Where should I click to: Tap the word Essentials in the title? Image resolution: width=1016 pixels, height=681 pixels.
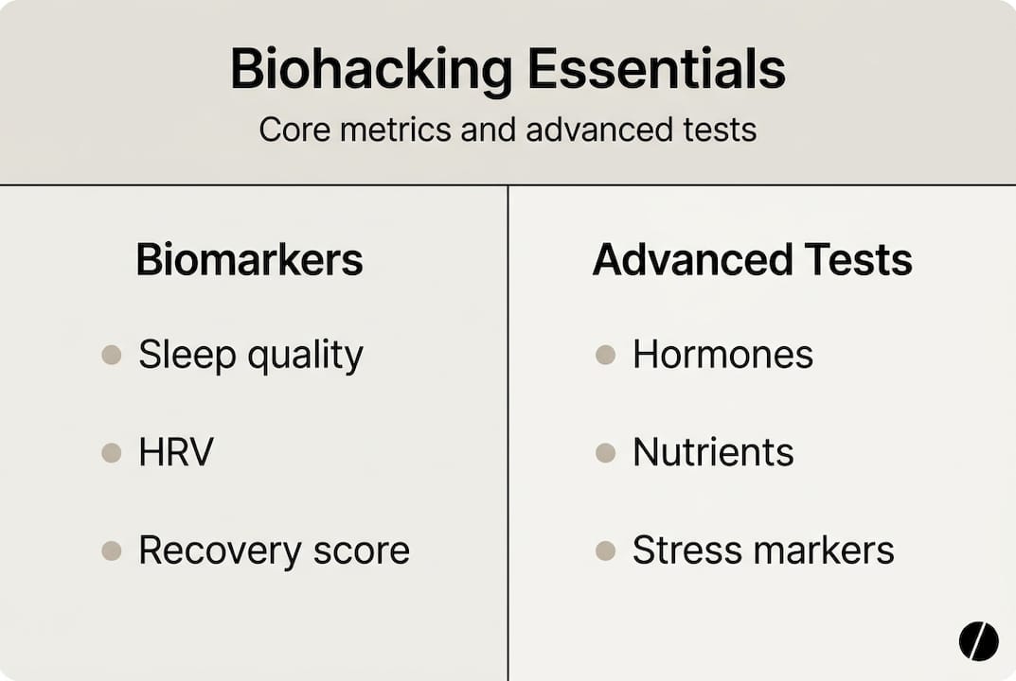click(656, 70)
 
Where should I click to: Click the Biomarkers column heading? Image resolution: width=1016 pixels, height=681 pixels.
click(249, 260)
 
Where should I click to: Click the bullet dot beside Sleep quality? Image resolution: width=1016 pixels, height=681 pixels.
click(112, 356)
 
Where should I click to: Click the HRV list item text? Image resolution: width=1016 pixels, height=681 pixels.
click(176, 452)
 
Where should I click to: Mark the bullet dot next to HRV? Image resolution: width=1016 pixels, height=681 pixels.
click(112, 453)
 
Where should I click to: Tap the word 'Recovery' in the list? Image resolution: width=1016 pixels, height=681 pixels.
click(214, 550)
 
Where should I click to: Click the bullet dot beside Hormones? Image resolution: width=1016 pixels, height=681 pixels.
click(606, 356)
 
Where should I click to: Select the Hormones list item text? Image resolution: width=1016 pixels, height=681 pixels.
click(722, 356)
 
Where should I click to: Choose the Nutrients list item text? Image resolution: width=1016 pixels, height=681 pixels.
click(713, 452)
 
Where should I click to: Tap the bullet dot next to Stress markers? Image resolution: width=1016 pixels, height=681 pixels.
click(606, 550)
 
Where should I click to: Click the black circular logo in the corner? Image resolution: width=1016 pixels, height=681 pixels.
click(978, 641)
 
